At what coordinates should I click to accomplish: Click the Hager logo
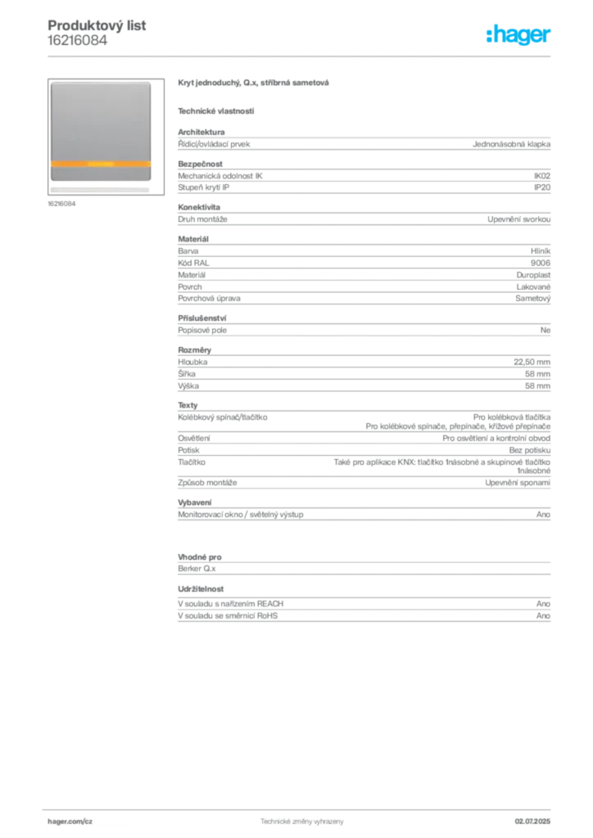coord(518,34)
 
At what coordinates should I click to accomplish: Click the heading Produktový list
coord(97,25)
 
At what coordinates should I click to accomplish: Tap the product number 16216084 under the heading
coord(78,41)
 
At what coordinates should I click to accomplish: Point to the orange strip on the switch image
coord(101,164)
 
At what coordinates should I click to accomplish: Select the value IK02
coord(541,176)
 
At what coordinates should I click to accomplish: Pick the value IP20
coord(541,187)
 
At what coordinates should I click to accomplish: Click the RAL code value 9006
coord(541,263)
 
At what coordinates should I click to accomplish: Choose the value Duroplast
coord(533,275)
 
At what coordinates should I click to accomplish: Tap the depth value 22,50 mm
coord(532,362)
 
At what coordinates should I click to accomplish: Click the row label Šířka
coord(187,373)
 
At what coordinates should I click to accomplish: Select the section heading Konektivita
coord(199,207)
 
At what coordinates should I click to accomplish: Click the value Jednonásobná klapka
coord(511,144)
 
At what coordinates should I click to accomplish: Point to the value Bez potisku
coord(529,450)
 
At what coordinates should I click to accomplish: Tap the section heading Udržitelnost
coord(201,589)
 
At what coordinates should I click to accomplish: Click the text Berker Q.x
coord(197,569)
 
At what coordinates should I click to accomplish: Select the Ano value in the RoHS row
coord(543,615)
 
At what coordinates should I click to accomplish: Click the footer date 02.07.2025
coord(532,822)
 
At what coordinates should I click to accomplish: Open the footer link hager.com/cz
coord(70,822)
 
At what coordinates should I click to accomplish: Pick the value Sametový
coord(532,298)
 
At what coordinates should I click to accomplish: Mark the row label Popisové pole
coord(202,331)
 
